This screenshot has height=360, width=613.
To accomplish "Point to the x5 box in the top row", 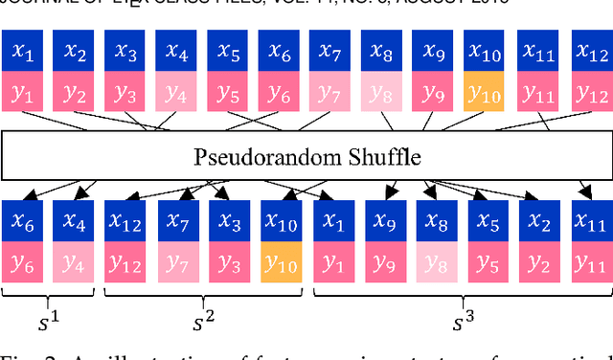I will [228, 55].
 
